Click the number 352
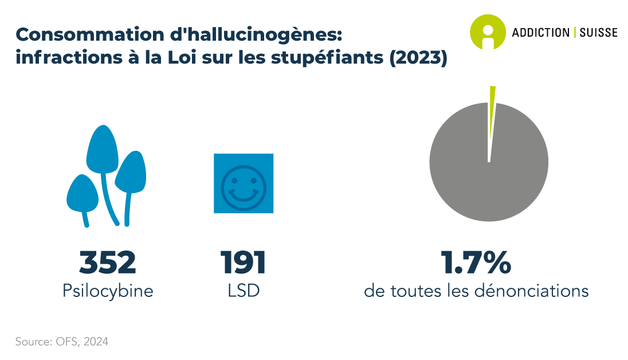107,263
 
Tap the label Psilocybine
108,291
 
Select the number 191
243,263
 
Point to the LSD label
244,291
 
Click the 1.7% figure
476,263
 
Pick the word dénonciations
532,291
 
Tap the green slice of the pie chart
492,120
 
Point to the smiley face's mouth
243,195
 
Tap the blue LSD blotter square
244,183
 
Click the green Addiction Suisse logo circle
488,32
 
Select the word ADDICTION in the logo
541,33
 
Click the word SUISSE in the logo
599,33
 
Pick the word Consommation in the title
90,34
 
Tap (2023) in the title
418,57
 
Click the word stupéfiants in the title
327,58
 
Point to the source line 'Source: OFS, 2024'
62,342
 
